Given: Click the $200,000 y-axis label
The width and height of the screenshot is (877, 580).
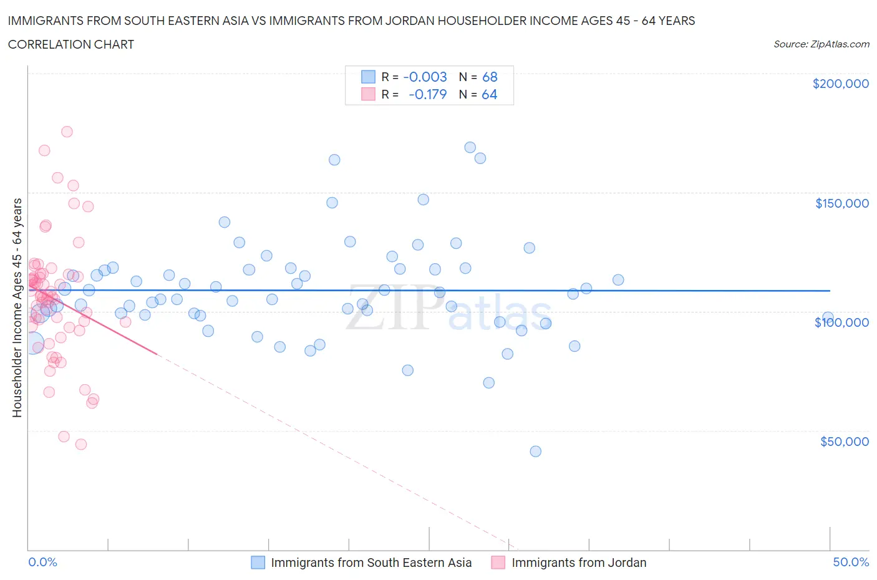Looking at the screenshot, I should pos(840,84).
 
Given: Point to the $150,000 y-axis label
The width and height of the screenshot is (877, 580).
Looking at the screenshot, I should pos(841,203).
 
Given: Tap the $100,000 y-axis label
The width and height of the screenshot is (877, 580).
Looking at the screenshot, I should pos(841,322).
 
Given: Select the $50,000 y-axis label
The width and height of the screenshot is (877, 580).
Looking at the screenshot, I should pos(844,442).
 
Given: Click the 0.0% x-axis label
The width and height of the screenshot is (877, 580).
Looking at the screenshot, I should pos(42,562).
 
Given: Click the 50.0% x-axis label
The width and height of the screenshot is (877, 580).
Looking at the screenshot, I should pos(851,562).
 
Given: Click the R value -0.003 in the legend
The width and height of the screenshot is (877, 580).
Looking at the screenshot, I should pos(425,77).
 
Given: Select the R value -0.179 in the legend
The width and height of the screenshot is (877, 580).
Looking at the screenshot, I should pos(427,94).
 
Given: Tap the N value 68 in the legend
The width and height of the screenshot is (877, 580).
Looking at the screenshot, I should pos(490,77).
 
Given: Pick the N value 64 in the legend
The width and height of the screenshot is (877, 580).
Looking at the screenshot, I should pos(489,94).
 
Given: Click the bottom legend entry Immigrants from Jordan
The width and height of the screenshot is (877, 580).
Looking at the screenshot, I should pos(578,563).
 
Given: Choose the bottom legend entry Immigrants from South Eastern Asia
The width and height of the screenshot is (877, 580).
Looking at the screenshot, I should pos(371,563).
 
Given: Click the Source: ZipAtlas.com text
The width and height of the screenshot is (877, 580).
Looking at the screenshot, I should pos(821,44).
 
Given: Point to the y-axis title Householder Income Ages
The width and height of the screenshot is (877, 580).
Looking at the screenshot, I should pos(17,307).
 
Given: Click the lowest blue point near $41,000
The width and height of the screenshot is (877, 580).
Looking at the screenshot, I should pos(535,451).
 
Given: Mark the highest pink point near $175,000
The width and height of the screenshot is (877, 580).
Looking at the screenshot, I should pos(67,132).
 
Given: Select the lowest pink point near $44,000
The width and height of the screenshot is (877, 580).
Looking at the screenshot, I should pos(80,444).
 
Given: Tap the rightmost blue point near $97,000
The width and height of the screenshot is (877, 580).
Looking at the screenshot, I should pos(828,317).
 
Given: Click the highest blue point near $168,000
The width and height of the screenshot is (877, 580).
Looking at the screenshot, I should pos(470,147).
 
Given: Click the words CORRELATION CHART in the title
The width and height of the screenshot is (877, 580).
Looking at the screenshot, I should pos(71,44).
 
